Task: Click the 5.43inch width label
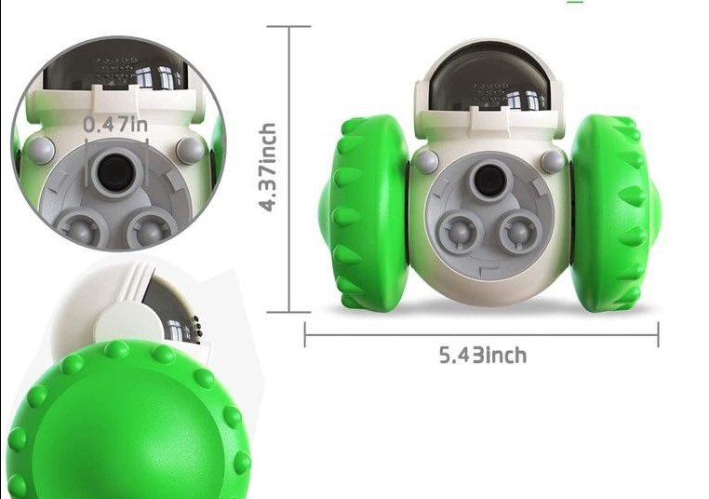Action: click(x=482, y=355)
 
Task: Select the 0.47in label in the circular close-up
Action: click(x=114, y=124)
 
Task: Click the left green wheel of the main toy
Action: click(x=363, y=213)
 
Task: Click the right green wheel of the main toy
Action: click(x=609, y=213)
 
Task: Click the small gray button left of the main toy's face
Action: click(x=426, y=162)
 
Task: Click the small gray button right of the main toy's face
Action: click(x=553, y=162)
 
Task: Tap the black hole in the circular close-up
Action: click(x=116, y=170)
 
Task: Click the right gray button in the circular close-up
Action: click(x=190, y=150)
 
